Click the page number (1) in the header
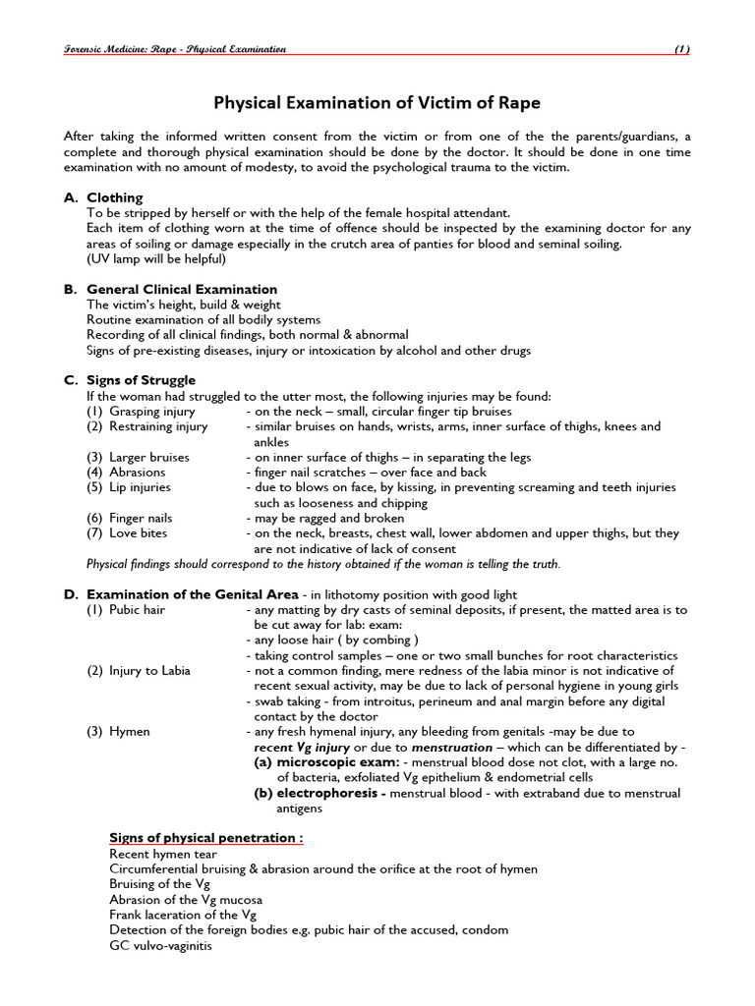(681, 49)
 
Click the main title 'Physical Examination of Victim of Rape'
(377, 102)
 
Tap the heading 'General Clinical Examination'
(182, 289)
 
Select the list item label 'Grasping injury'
(151, 411)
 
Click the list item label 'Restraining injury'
(158, 426)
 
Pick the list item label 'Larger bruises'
(149, 457)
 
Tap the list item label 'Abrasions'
(137, 472)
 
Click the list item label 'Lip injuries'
(140, 487)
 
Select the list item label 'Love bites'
(138, 532)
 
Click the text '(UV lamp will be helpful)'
(156, 258)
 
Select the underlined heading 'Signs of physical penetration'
(204, 838)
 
